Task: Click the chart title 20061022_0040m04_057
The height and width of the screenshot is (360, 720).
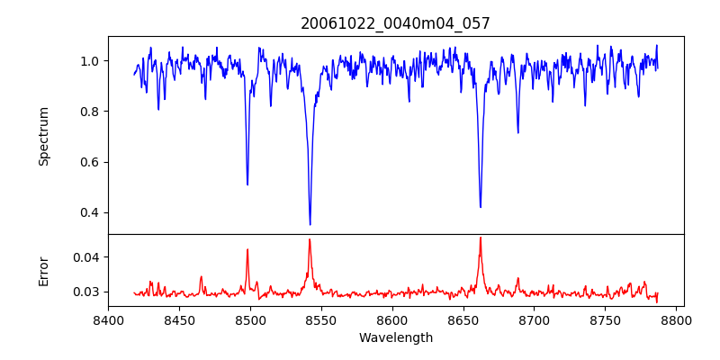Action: click(395, 23)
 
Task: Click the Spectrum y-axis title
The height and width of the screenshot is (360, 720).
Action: click(43, 136)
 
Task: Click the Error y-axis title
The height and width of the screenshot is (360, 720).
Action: click(43, 270)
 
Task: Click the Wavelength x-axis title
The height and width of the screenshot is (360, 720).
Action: click(395, 338)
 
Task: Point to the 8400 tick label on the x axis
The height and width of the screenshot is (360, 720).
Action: click(108, 319)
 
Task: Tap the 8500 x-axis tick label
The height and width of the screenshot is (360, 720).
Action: click(250, 319)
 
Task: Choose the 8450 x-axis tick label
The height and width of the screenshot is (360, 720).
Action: click(179, 319)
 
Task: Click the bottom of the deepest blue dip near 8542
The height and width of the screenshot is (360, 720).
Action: click(310, 224)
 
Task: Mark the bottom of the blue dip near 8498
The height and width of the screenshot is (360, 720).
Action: click(247, 184)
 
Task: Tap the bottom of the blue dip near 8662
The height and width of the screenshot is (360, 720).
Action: click(480, 207)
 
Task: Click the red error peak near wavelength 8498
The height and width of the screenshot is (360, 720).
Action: click(247, 249)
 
